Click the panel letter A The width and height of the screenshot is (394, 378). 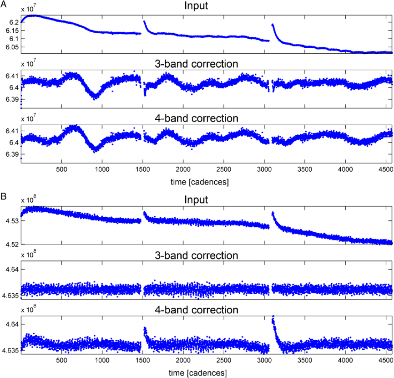4,4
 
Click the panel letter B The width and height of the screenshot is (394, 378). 3,196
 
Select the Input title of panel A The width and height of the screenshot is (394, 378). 196,5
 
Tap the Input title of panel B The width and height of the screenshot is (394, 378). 196,199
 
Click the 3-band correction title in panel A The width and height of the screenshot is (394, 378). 196,64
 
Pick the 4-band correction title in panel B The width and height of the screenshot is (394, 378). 196,310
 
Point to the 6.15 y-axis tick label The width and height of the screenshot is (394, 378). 12,31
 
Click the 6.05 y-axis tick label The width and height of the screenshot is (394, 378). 12,47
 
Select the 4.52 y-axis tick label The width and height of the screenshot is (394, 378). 12,245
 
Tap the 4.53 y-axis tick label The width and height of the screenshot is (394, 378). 12,221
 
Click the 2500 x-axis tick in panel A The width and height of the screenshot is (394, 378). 224,169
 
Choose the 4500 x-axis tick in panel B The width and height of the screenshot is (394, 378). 386,360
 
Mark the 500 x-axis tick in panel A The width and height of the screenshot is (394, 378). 61,169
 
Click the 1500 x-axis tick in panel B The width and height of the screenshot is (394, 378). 142,360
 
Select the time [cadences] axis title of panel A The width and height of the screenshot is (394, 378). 200,182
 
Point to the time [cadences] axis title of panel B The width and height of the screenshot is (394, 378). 197,373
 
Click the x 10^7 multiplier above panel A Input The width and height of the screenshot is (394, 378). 28,9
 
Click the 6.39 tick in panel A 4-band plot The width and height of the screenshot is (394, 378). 12,154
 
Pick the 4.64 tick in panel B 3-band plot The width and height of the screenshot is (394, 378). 12,270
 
